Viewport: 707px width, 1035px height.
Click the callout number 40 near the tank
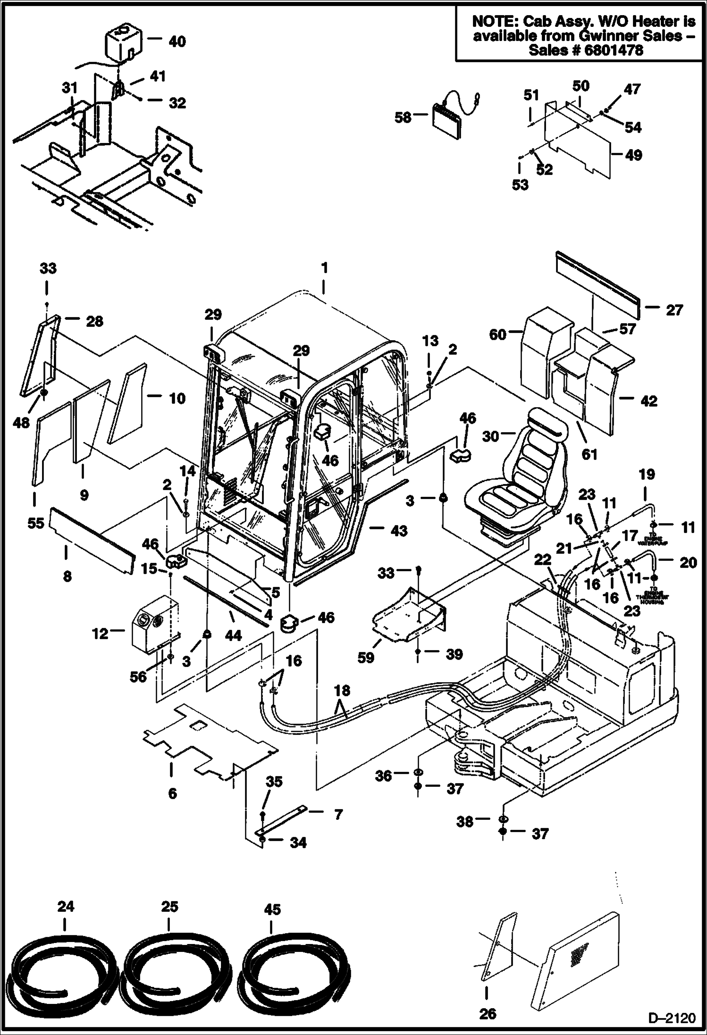click(x=177, y=42)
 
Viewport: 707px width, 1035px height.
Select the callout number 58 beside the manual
click(x=404, y=117)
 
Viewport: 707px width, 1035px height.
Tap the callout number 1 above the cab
click(x=324, y=268)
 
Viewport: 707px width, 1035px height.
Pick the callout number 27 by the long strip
click(x=674, y=310)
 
